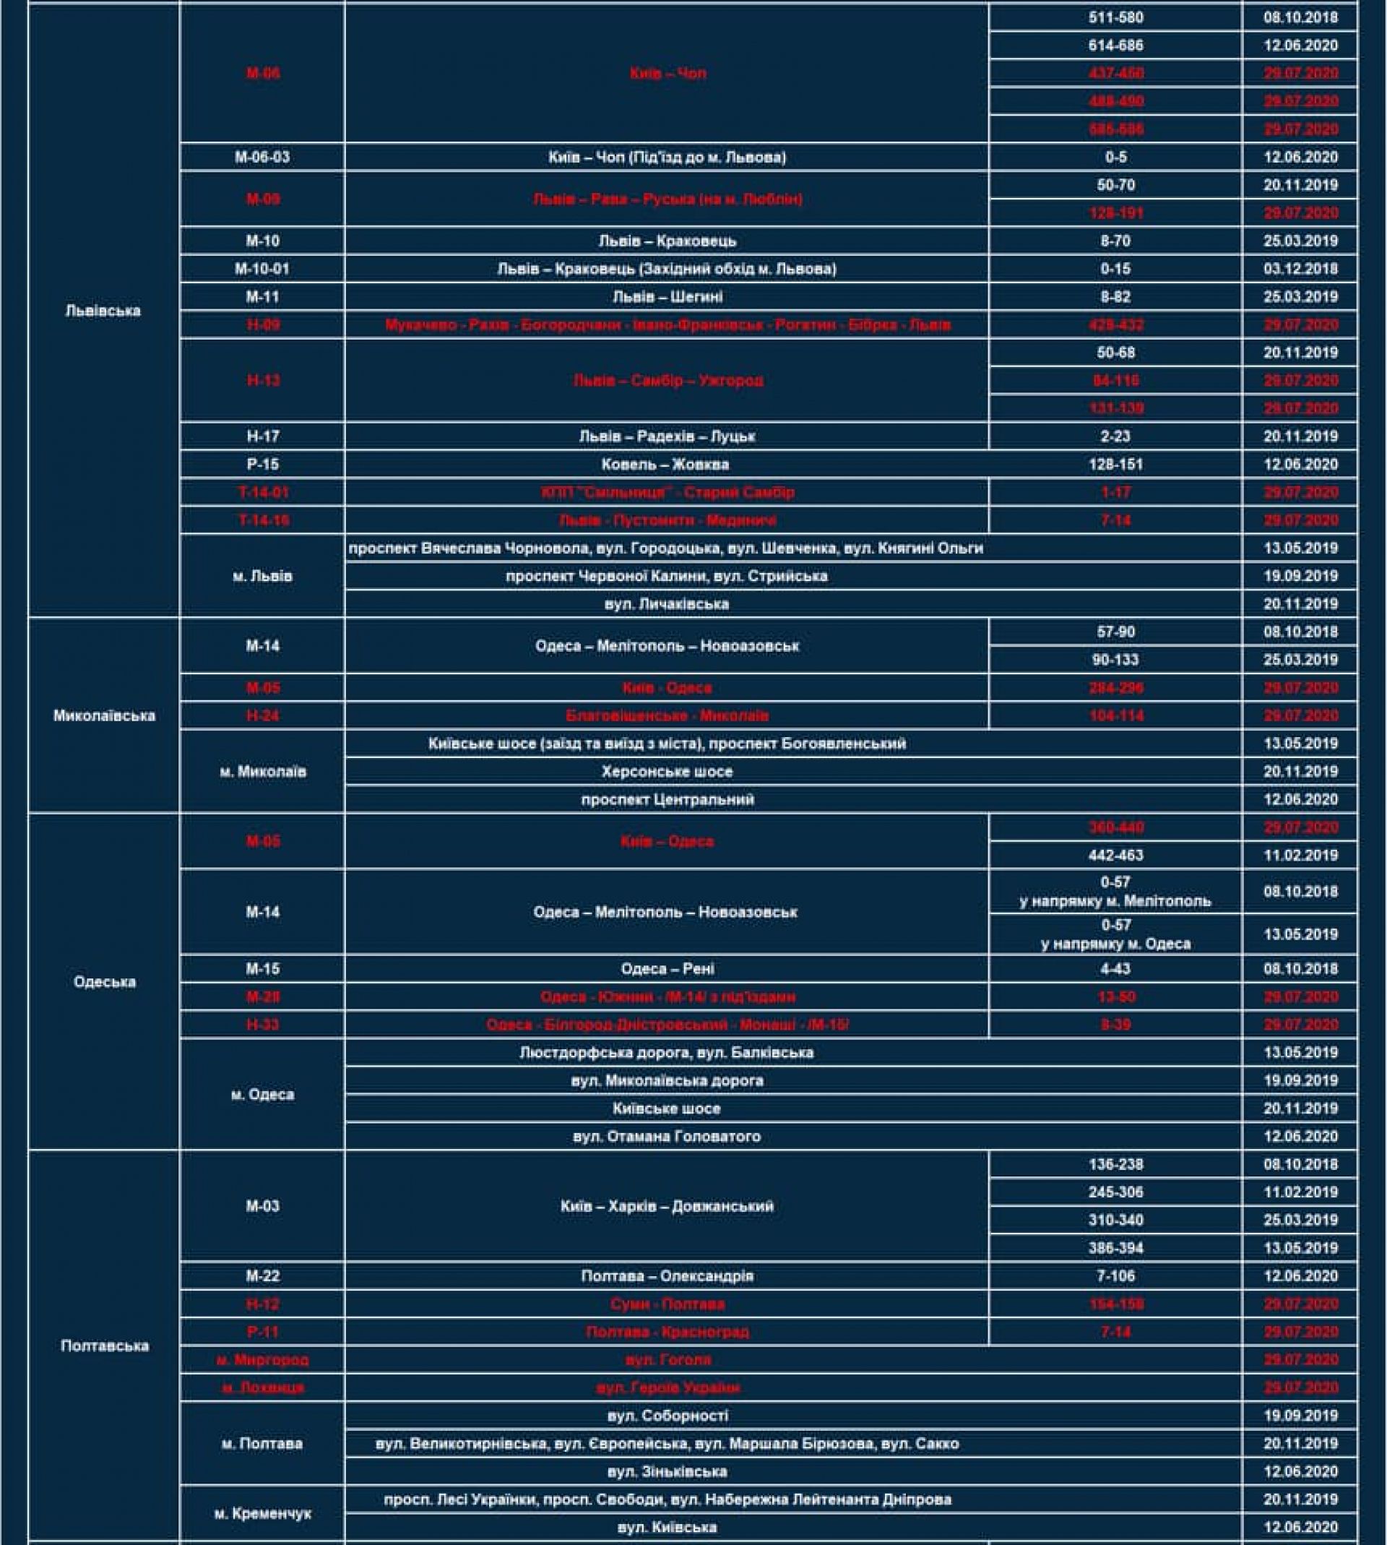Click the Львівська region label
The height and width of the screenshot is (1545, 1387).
click(103, 311)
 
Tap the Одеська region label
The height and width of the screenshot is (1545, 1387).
click(105, 982)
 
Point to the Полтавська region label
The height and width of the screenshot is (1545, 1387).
click(105, 1346)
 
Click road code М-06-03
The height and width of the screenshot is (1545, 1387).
click(262, 157)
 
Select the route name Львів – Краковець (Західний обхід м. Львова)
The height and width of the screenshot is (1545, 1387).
click(666, 269)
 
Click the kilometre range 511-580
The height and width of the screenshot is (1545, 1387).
click(1115, 17)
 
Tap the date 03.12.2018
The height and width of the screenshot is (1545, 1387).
click(1300, 269)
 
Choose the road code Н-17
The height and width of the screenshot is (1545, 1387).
click(262, 436)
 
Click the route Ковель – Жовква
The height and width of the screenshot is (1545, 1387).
click(665, 464)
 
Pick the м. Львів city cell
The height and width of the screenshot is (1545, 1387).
click(262, 576)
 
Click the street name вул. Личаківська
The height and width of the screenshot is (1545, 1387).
click(666, 604)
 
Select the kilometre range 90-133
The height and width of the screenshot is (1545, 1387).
click(1115, 660)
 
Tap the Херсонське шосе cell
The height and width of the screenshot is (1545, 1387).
click(666, 771)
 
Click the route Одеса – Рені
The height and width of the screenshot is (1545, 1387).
click(667, 969)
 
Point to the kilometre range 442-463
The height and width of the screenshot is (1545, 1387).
click(1115, 855)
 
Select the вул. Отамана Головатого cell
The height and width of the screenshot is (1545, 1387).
click(666, 1137)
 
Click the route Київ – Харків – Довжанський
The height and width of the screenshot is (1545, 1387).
click(666, 1206)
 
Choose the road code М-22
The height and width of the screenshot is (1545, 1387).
click(262, 1276)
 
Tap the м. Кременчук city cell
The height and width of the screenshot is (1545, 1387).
click(262, 1513)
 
